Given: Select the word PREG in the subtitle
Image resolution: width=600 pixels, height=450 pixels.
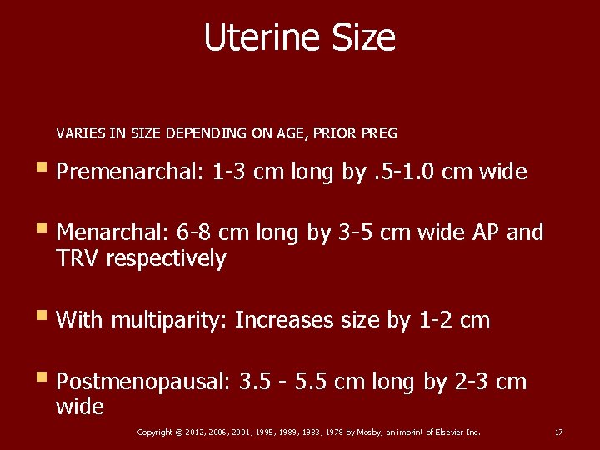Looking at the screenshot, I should click(x=381, y=132).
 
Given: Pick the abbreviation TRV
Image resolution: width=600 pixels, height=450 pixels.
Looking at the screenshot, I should click(x=77, y=259).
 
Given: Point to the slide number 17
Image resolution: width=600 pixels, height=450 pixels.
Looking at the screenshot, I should click(x=558, y=432).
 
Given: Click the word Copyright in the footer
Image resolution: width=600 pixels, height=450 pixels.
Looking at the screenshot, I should click(x=155, y=432).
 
